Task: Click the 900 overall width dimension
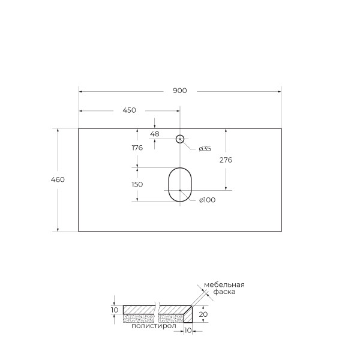tap(180, 91)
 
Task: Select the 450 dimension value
tap(129, 110)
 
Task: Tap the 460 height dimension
tap(58, 179)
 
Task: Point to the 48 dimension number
tap(155, 134)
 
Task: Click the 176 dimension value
tap(137, 148)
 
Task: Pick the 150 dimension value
tap(137, 184)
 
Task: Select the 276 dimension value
tap(226, 160)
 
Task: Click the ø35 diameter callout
tap(205, 148)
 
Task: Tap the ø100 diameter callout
tap(207, 200)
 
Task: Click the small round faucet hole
tap(179, 139)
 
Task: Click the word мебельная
tap(224, 284)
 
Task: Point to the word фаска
tap(224, 292)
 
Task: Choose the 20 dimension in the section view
tap(204, 314)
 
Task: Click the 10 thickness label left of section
tap(115, 310)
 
